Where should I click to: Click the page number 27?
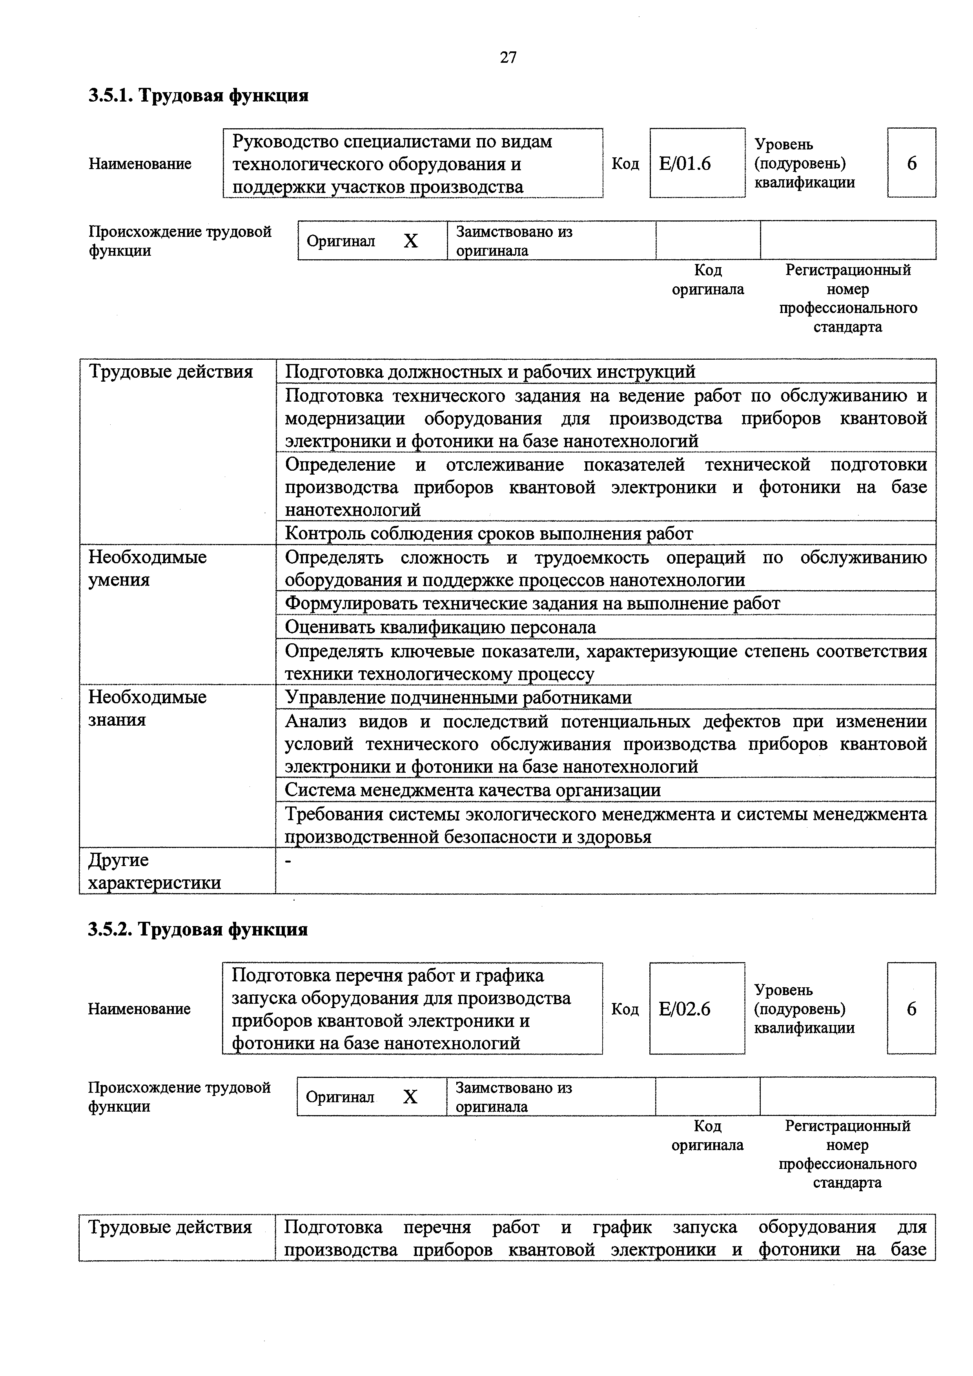pyautogui.click(x=508, y=58)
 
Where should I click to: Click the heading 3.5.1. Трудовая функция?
pyautogui.click(x=199, y=95)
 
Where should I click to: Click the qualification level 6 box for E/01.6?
pyautogui.click(x=911, y=163)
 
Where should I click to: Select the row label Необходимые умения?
pyautogui.click(x=148, y=568)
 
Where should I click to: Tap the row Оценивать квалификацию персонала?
pyautogui.click(x=440, y=627)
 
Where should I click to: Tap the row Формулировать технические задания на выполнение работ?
pyautogui.click(x=532, y=603)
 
